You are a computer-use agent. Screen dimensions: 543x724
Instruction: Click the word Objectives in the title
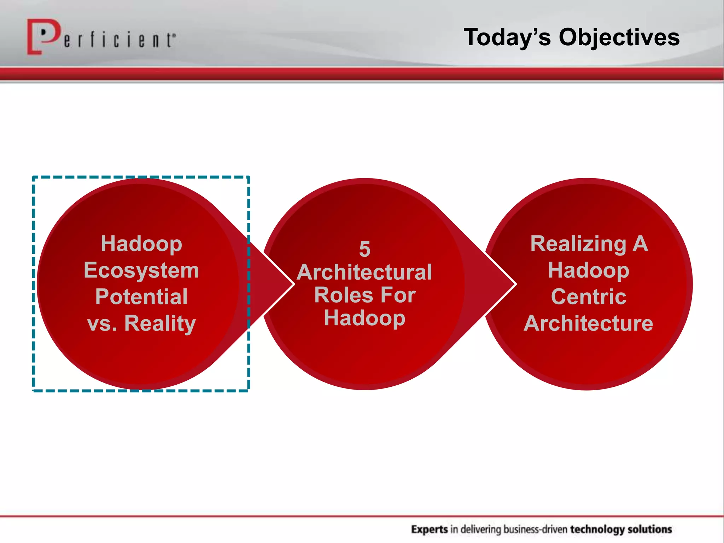click(619, 37)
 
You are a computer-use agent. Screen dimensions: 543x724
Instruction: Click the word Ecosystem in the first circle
click(141, 270)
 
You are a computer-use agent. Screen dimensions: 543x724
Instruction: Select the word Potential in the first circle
click(141, 297)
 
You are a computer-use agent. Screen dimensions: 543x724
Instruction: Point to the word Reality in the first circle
click(160, 323)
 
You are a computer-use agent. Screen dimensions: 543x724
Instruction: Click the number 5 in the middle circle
click(364, 249)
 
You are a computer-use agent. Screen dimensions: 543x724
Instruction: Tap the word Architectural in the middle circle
click(364, 272)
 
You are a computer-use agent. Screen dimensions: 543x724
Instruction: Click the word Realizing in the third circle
click(578, 244)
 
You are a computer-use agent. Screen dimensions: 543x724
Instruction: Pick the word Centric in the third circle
click(588, 297)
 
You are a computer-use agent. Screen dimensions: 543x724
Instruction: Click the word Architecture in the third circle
click(588, 323)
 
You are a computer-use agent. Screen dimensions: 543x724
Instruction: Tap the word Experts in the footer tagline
click(430, 529)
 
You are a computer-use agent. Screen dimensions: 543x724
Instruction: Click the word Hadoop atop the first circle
click(141, 244)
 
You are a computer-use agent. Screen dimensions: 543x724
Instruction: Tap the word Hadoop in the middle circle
click(364, 318)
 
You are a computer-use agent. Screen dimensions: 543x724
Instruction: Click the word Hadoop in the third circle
click(588, 270)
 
